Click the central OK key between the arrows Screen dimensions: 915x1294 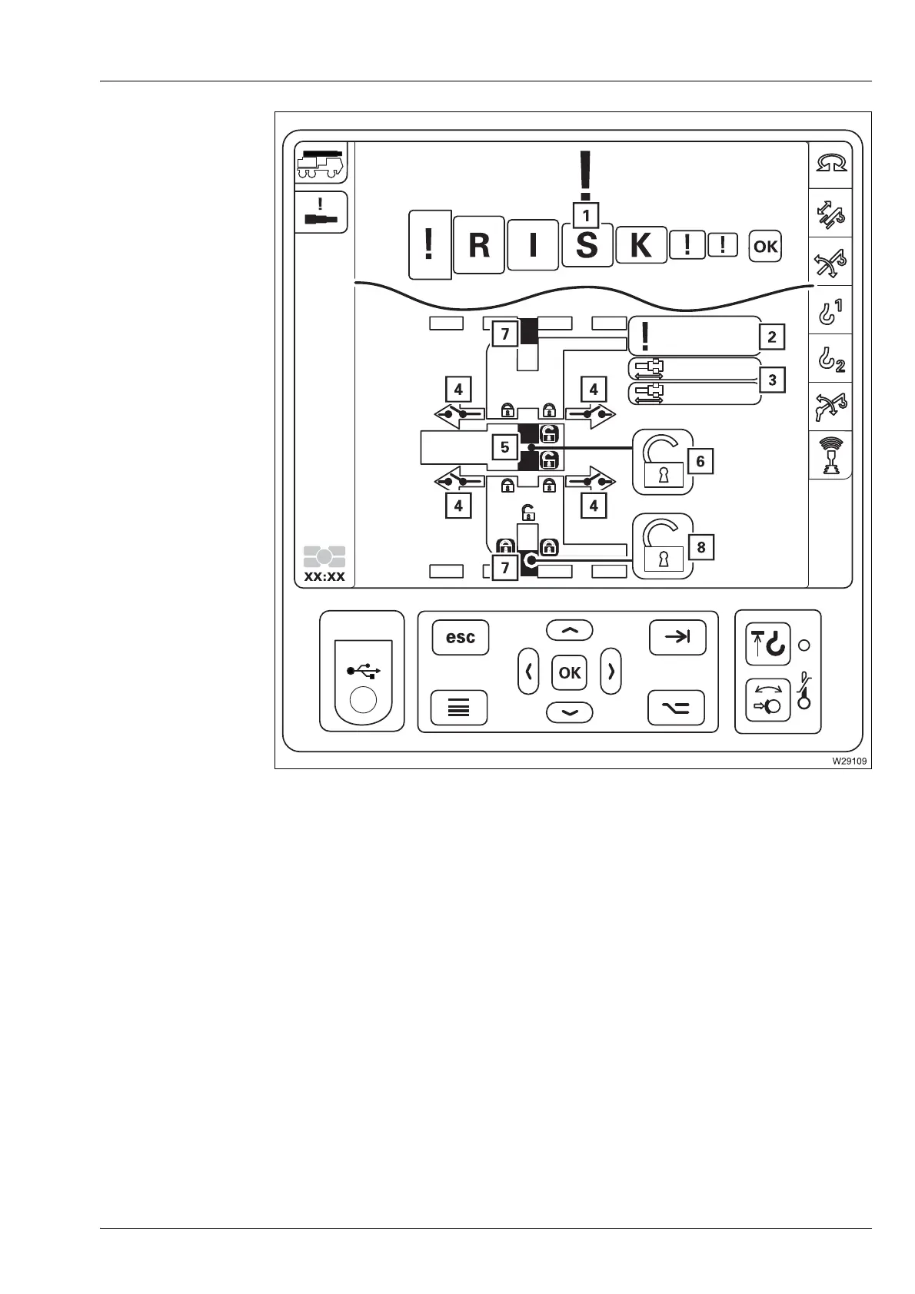(x=570, y=672)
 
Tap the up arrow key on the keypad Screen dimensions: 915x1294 (x=570, y=631)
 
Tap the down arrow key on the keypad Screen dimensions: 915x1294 (x=570, y=713)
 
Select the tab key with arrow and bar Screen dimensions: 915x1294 (x=677, y=637)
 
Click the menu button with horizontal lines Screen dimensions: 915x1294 (x=459, y=708)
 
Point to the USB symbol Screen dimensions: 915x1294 (x=364, y=672)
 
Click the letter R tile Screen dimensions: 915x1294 (x=478, y=246)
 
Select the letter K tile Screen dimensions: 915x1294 (x=640, y=246)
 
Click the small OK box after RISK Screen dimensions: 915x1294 (x=765, y=247)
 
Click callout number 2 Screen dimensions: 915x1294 (x=772, y=336)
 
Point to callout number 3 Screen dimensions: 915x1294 (x=772, y=380)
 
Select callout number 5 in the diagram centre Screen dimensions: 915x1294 (x=504, y=446)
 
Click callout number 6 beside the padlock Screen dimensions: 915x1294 (x=700, y=461)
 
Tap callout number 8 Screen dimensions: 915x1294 (x=700, y=547)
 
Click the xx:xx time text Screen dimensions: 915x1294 (x=325, y=576)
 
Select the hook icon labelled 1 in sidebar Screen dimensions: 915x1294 (x=830, y=312)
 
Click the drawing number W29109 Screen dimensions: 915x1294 (x=847, y=761)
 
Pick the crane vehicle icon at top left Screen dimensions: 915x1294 (x=321, y=163)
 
